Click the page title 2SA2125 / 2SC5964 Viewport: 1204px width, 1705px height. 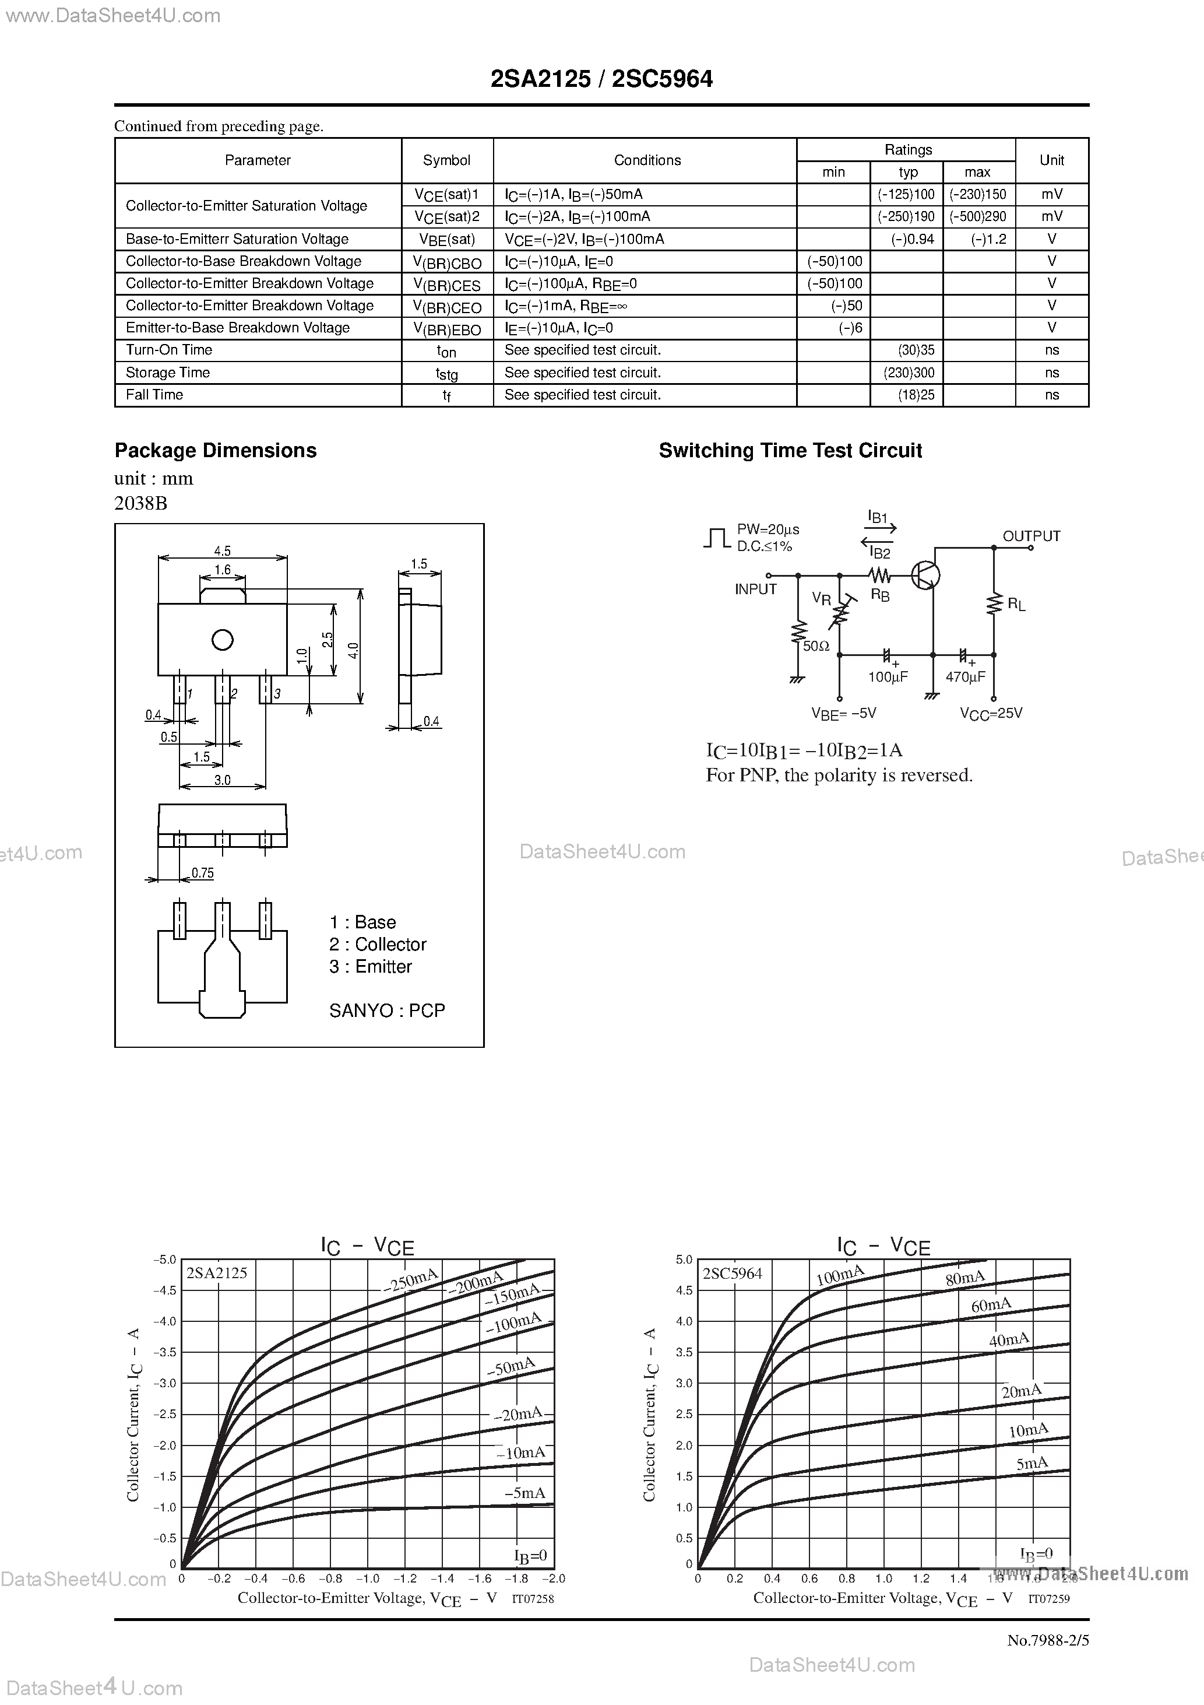click(x=601, y=79)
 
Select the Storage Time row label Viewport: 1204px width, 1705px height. click(x=168, y=373)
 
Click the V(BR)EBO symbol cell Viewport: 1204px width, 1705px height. click(x=447, y=329)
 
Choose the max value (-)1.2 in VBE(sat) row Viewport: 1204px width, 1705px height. click(x=988, y=239)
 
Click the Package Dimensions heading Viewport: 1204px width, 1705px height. click(x=215, y=451)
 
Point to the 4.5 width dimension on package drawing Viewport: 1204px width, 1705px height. click(x=222, y=551)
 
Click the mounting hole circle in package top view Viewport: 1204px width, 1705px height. click(x=222, y=639)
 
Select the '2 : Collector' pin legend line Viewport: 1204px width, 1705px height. click(x=378, y=945)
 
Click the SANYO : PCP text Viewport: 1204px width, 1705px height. click(x=387, y=1011)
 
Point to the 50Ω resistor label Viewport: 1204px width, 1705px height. click(x=816, y=647)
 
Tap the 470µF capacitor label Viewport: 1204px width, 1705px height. click(x=965, y=677)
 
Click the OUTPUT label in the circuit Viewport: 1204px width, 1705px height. click(x=1031, y=536)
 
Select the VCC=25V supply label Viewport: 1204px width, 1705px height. click(x=991, y=714)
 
